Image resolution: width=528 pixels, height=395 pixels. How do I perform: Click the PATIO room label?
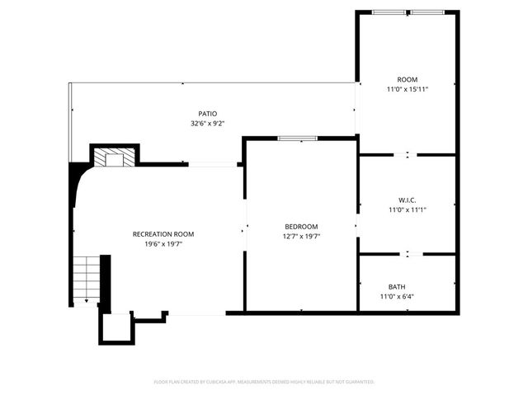(x=207, y=114)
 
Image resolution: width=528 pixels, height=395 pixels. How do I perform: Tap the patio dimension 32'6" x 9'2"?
(x=207, y=124)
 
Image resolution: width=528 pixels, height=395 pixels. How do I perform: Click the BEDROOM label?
(x=301, y=226)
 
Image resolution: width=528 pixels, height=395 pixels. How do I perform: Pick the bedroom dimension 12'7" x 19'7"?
(x=301, y=236)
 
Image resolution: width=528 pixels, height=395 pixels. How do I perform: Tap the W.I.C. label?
(x=407, y=200)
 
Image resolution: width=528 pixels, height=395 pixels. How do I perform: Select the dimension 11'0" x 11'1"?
(x=407, y=209)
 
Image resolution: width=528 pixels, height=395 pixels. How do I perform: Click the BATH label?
(x=374, y=287)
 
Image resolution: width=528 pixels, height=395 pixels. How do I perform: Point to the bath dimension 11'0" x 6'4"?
(x=397, y=296)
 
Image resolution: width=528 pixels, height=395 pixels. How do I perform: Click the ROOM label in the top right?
(x=407, y=79)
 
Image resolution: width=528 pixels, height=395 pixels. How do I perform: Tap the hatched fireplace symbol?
(x=109, y=157)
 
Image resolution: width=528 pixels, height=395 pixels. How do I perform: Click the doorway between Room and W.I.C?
(x=408, y=154)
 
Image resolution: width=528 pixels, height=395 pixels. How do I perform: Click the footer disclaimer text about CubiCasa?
(x=264, y=382)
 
